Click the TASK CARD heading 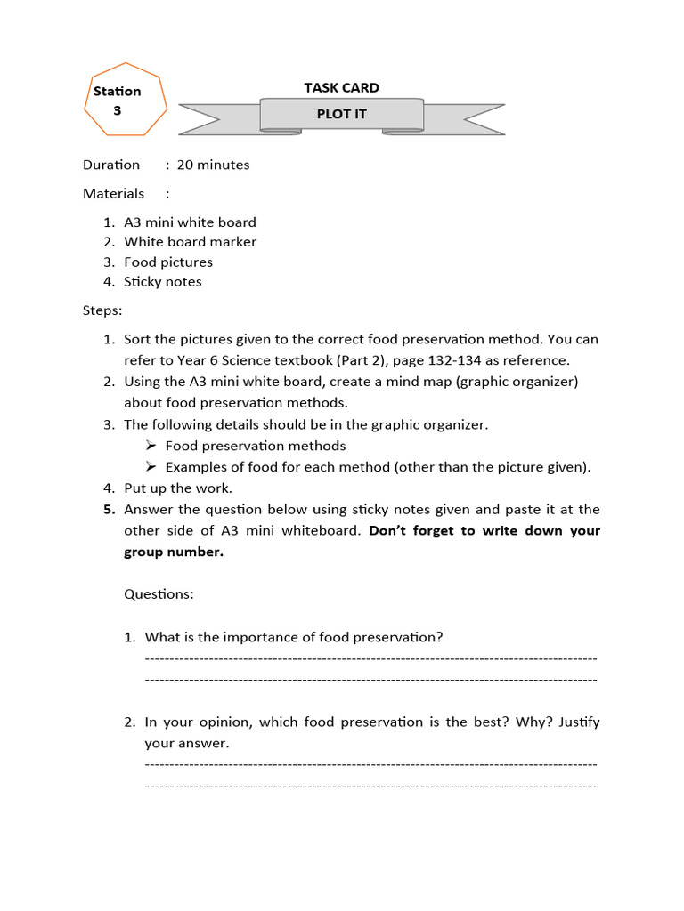coord(341,87)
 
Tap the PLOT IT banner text coord(341,114)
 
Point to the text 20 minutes coord(213,165)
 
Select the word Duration coord(111,165)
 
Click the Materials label coord(113,193)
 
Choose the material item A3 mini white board coord(190,222)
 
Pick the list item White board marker coord(190,242)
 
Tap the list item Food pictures coord(168,262)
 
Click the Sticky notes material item coord(163,282)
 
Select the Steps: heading coord(102,311)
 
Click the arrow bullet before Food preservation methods coord(151,446)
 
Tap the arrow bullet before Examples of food coord(151,467)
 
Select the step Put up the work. coord(178,488)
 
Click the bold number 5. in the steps coord(109,510)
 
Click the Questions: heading coord(159,593)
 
